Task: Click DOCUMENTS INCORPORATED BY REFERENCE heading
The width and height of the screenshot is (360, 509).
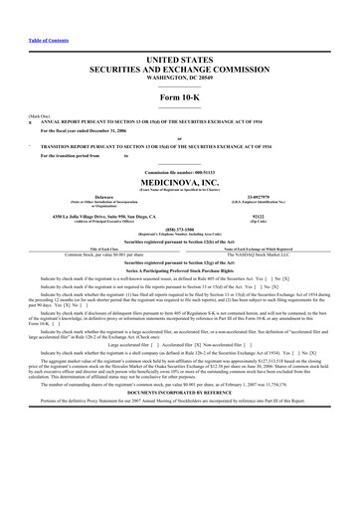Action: point(179,382)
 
